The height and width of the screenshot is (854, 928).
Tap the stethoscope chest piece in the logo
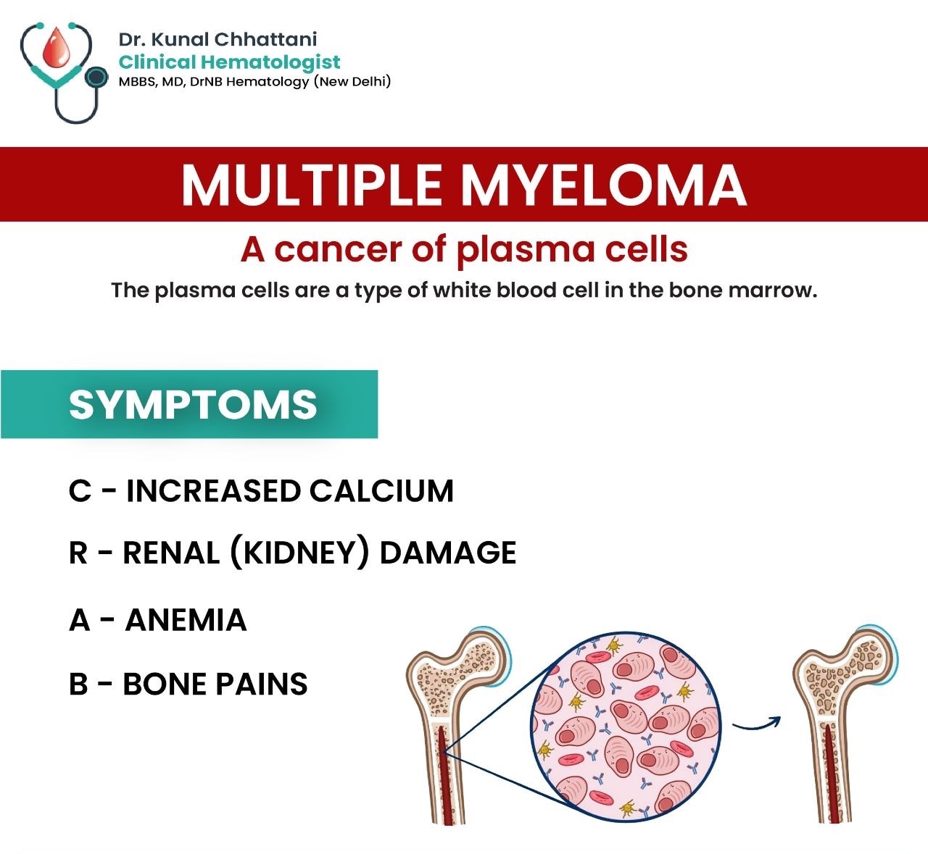coord(96,77)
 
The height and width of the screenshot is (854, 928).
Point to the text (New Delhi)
coord(352,81)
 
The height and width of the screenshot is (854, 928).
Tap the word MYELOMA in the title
coord(604,184)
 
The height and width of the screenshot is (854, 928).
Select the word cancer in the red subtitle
coord(339,250)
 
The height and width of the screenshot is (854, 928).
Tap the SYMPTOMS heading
coord(193,405)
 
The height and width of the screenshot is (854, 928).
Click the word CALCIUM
coord(381,490)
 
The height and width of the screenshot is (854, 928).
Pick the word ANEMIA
coord(186,619)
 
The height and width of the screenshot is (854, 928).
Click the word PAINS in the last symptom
coord(262,684)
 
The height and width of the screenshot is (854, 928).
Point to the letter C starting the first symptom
coord(80,490)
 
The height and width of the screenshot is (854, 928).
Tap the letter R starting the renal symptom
coord(78,553)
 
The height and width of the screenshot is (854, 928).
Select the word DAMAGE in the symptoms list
coord(448,553)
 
